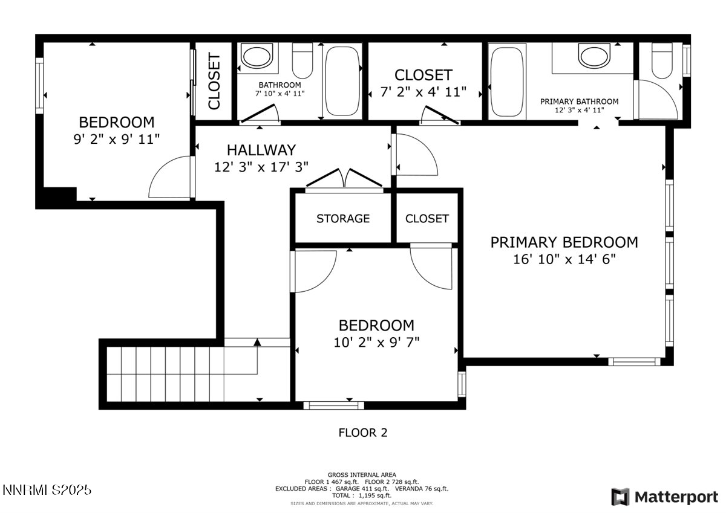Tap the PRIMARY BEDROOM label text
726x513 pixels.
pyautogui.click(x=564, y=242)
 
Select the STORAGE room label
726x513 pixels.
pyautogui.click(x=343, y=219)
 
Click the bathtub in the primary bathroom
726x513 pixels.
pyautogui.click(x=507, y=81)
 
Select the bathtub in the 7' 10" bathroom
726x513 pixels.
pyautogui.click(x=342, y=82)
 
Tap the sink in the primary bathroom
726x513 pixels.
pyautogui.click(x=595, y=57)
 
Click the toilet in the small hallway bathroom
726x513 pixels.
pyautogui.click(x=302, y=60)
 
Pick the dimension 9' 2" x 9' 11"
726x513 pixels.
pyautogui.click(x=116, y=139)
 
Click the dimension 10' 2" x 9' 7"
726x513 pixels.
pyautogui.click(x=376, y=342)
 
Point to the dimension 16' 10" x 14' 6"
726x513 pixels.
pyautogui.click(x=564, y=259)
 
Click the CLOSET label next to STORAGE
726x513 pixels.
pyautogui.click(x=427, y=219)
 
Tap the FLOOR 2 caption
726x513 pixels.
pyautogui.click(x=362, y=433)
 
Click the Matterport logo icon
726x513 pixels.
pyautogui.click(x=620, y=497)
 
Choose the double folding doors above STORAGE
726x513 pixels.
pyautogui.click(x=344, y=179)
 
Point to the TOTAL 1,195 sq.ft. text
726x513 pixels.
pyautogui.click(x=362, y=495)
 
